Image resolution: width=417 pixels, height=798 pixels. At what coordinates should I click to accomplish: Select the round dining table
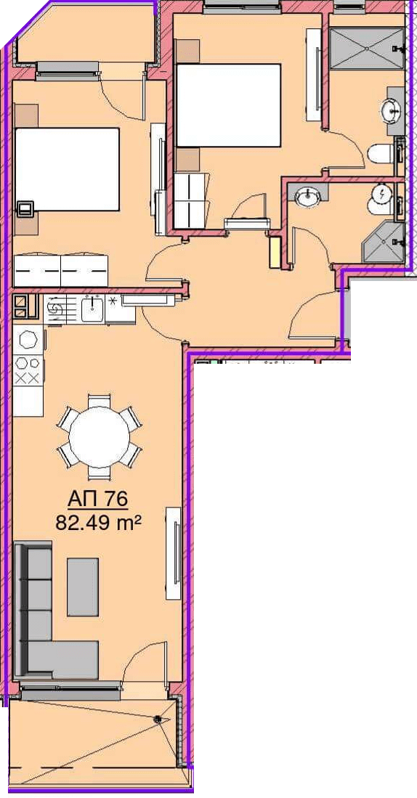[x=100, y=437]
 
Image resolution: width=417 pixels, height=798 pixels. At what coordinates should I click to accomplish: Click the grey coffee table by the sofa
[x=83, y=586]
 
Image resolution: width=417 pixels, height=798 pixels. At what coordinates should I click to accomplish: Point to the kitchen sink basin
[x=93, y=310]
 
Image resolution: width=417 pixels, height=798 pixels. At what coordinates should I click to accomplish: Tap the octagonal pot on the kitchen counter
[x=28, y=339]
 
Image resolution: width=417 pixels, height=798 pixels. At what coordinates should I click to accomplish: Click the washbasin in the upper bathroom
[x=393, y=109]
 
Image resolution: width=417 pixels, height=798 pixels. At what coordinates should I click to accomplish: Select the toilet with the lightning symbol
[x=381, y=200]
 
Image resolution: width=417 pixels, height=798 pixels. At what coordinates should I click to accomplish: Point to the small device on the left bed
[x=25, y=208]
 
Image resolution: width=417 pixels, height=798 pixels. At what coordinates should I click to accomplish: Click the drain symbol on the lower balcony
[x=158, y=718]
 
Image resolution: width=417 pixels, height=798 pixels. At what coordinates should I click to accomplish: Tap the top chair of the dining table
[x=99, y=401]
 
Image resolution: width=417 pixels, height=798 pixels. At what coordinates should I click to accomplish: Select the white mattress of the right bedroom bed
[x=229, y=105]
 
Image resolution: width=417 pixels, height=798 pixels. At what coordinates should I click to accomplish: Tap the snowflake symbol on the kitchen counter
[x=113, y=301]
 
